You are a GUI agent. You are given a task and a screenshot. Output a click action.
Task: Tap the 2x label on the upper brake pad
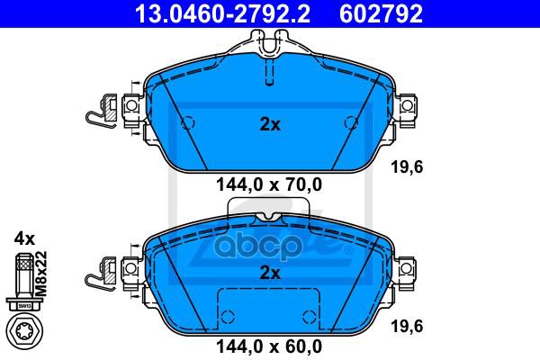(270, 125)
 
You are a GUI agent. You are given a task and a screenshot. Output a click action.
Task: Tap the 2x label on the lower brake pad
(270, 272)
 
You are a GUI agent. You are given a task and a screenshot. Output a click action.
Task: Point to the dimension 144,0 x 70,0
(270, 186)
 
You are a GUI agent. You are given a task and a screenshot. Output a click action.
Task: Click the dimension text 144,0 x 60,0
(270, 344)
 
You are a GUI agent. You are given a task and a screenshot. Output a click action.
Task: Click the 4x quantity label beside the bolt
(24, 239)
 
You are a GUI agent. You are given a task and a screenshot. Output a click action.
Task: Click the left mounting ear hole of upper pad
(130, 106)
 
